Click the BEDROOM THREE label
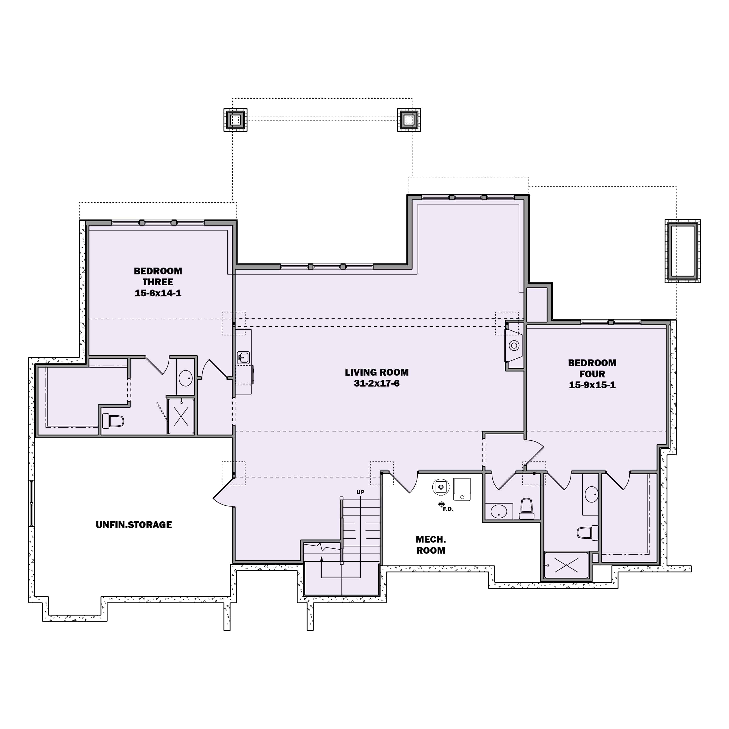point(158,277)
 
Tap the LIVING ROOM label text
point(377,372)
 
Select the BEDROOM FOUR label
point(592,368)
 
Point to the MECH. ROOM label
point(430,545)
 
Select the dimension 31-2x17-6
point(377,384)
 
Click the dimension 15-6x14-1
point(158,293)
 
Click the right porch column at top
point(409,120)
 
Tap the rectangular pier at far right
point(682,251)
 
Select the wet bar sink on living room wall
point(243,357)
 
